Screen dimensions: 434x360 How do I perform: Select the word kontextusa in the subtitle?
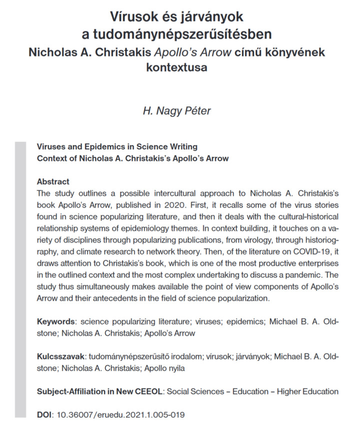coord(177,67)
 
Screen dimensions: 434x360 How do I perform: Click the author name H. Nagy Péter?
coord(177,110)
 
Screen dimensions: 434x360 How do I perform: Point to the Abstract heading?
coord(53,181)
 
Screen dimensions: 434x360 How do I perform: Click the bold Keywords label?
coord(55,321)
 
